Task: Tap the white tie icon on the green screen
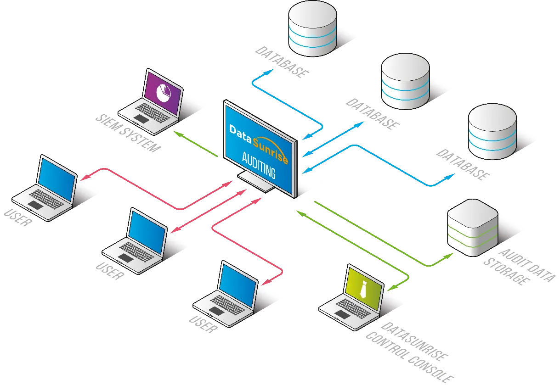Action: [363, 289]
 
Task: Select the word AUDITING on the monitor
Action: [259, 166]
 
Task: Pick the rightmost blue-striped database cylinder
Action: [492, 131]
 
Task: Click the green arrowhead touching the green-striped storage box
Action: [448, 255]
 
